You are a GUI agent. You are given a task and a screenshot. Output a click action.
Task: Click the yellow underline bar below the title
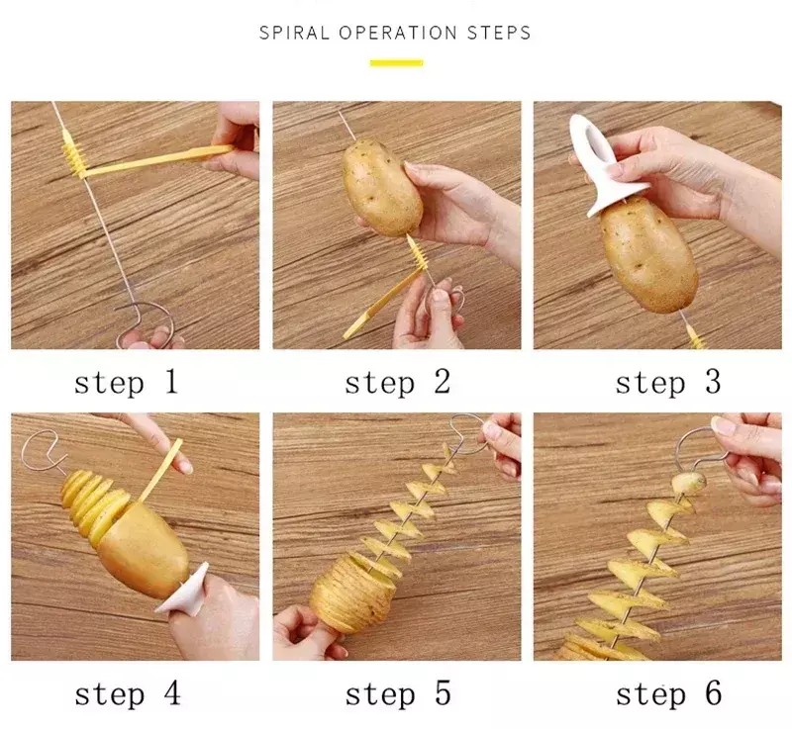[x=397, y=63]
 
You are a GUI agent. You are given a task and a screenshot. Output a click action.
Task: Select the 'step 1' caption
[x=127, y=383]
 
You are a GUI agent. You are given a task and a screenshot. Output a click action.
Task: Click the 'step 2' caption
[x=398, y=383]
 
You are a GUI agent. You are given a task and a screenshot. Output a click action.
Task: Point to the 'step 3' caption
[x=668, y=383]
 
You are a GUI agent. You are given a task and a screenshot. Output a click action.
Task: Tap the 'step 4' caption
[x=128, y=694]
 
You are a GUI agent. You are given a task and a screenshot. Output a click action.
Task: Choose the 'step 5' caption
[x=398, y=694]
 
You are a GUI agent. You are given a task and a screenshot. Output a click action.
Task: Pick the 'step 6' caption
[x=669, y=694]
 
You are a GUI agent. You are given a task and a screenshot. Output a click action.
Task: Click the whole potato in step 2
[x=382, y=187]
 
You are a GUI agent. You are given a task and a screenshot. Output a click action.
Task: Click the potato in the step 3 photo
[x=648, y=255]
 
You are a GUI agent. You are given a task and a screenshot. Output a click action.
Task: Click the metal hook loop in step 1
[x=144, y=322]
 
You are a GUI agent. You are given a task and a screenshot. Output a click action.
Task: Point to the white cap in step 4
[x=183, y=591]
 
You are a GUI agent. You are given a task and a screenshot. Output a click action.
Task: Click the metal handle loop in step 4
[x=43, y=449]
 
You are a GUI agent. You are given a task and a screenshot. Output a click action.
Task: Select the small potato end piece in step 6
[x=688, y=484]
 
